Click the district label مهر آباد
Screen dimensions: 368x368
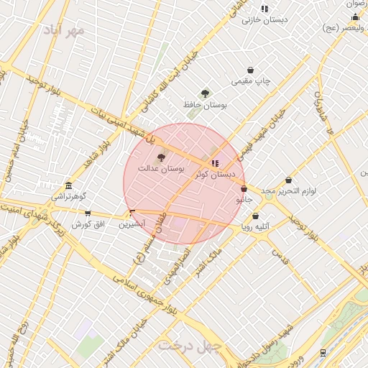point(64,30)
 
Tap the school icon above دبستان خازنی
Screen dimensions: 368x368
point(264,9)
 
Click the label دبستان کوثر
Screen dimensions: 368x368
point(216,174)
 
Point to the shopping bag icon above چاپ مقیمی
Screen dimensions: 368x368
point(250,70)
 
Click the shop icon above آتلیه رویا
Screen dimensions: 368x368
point(255,216)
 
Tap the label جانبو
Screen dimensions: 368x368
point(244,200)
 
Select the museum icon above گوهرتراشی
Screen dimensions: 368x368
point(68,185)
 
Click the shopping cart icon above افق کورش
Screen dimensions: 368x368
point(88,213)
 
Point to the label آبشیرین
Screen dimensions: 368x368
point(132,224)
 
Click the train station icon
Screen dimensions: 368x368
point(323,352)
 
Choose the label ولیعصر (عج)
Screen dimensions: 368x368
point(341,28)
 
